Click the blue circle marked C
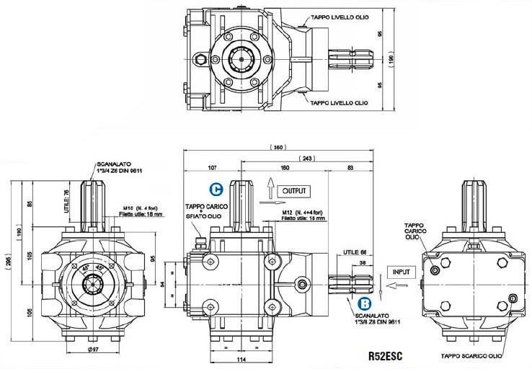click(215, 190)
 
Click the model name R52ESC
click(385, 355)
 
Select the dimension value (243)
click(309, 157)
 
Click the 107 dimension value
click(212, 168)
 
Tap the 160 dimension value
click(285, 168)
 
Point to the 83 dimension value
click(350, 168)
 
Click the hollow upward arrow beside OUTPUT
click(270, 190)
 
